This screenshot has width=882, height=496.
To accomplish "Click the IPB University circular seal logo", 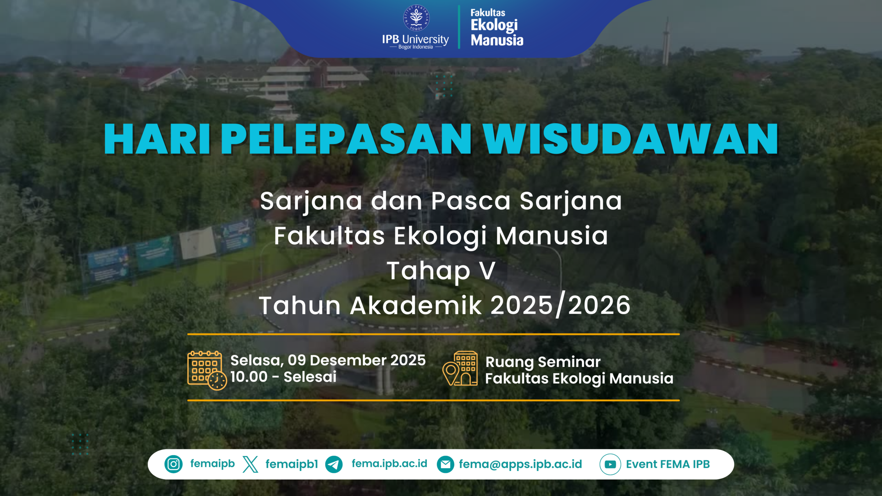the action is [416, 18].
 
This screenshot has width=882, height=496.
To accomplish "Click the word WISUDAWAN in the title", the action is [631, 139].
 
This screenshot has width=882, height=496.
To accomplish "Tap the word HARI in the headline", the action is [157, 139].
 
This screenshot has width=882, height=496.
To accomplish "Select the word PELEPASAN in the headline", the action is [346, 139].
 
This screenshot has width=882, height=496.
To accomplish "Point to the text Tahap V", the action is [441, 271].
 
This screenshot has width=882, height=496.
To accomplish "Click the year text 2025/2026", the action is [561, 306].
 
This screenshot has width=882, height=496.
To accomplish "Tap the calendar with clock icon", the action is [207, 370].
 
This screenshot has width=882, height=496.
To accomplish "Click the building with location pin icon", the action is [460, 368].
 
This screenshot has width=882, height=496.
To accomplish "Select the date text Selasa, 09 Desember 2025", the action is [328, 361].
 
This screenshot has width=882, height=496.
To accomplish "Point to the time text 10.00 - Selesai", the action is [284, 377].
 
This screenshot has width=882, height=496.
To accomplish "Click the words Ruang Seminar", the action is [543, 362].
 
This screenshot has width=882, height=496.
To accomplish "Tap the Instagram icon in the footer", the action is [173, 464].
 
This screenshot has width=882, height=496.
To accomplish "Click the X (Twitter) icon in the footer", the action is [250, 464].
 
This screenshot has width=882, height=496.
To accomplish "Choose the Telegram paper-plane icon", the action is [334, 464].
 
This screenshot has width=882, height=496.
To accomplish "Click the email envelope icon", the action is [445, 464].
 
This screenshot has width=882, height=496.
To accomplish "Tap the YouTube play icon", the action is [610, 464].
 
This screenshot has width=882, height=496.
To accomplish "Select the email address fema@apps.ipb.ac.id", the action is [520, 464].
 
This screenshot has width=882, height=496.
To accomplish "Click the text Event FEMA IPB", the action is [668, 464].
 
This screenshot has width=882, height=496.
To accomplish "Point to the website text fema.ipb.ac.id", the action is [389, 464].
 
